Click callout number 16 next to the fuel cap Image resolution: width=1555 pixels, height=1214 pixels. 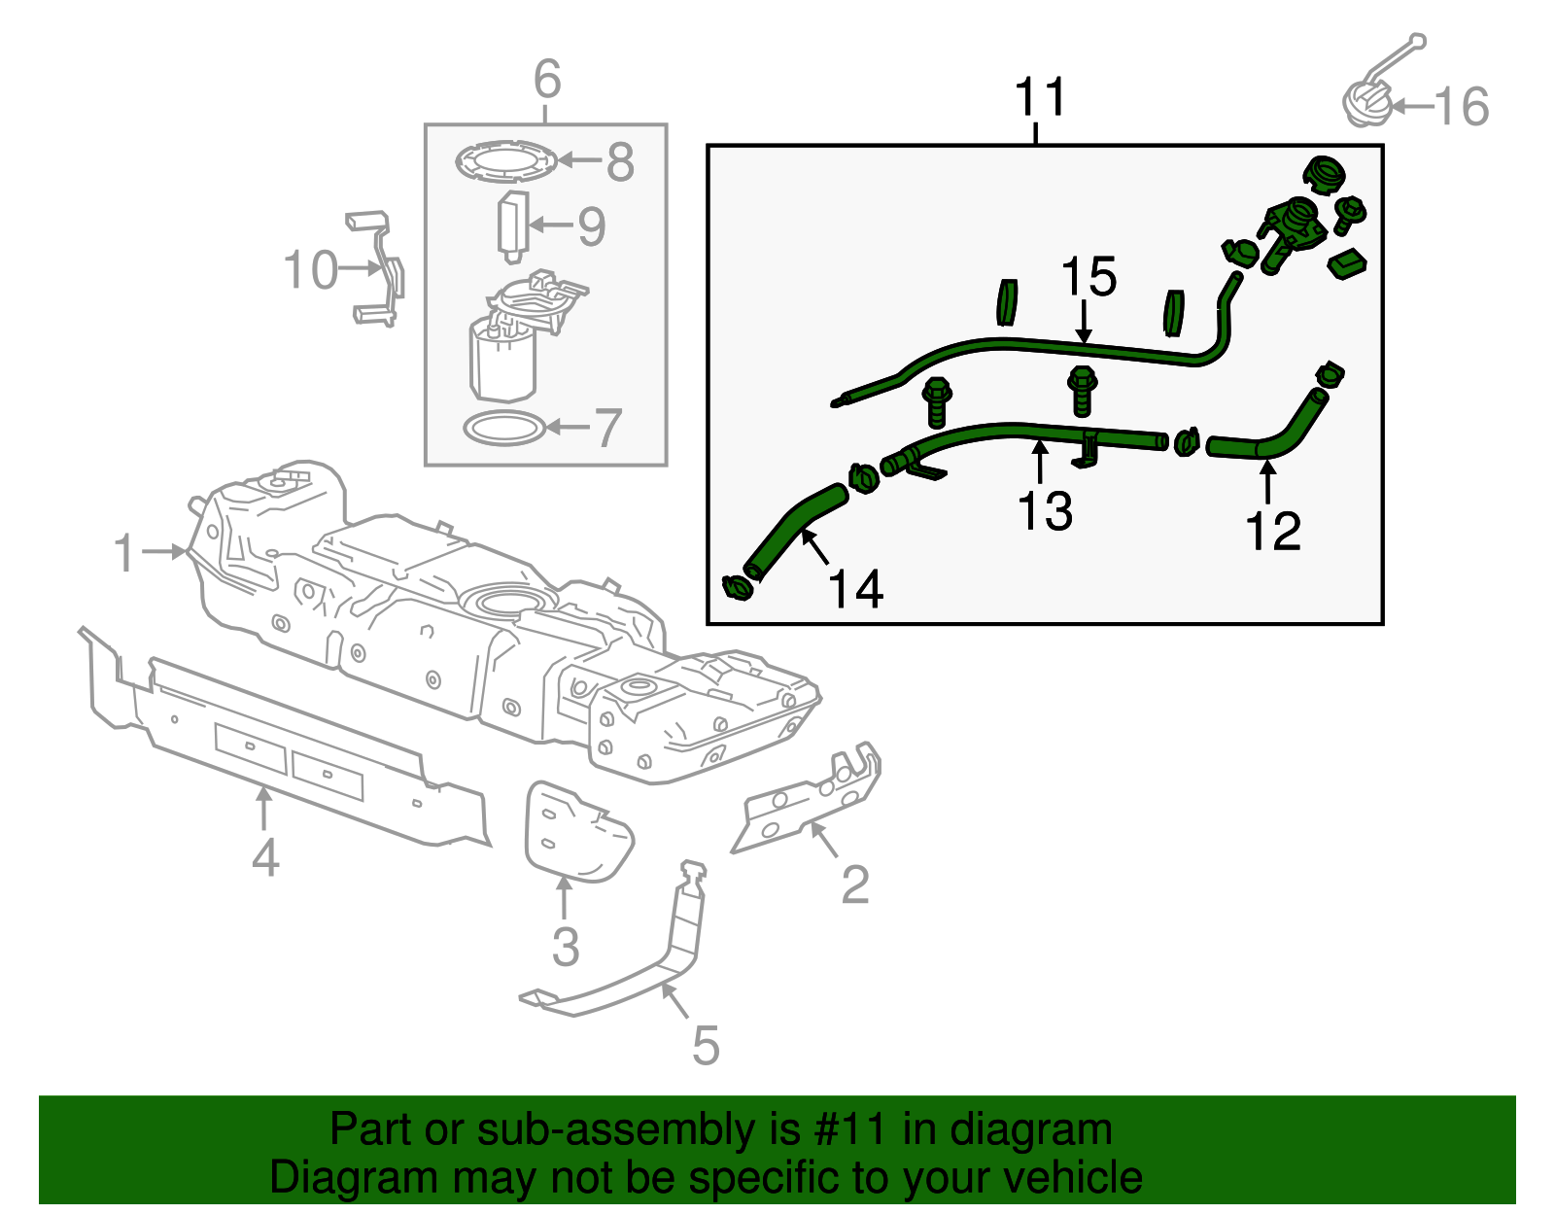(1462, 107)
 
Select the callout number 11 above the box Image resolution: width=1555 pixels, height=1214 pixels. (1040, 97)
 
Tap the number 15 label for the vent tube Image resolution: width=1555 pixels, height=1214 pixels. (1088, 278)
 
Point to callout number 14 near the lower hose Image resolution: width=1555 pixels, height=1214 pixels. (855, 589)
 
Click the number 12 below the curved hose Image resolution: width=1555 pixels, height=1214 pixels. (1272, 532)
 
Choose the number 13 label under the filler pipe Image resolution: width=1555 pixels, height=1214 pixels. (1045, 511)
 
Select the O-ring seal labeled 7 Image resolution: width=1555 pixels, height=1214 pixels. (502, 427)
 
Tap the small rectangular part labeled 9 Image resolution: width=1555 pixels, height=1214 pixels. (512, 225)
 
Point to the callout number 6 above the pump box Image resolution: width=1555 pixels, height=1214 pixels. (547, 79)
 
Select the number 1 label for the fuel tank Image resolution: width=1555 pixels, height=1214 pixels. (123, 552)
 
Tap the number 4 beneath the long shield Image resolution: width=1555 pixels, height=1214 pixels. (265, 857)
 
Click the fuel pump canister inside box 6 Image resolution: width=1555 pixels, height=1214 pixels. (503, 360)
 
